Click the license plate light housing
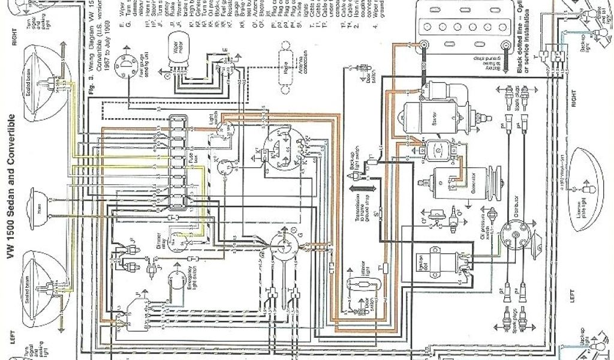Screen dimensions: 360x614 [x=590, y=174]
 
